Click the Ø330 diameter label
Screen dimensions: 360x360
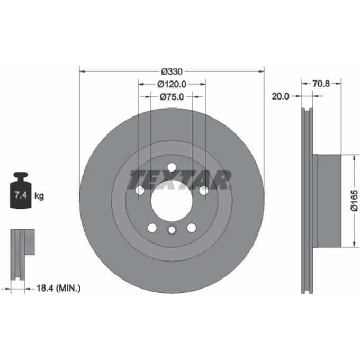(172, 71)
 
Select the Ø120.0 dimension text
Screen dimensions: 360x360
(172, 84)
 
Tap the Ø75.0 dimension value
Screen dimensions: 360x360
(172, 97)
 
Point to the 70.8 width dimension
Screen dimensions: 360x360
(321, 84)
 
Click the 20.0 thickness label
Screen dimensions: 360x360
(281, 96)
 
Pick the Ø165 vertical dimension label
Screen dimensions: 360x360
(354, 200)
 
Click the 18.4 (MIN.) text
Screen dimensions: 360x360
(59, 288)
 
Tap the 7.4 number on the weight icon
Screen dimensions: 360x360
(21, 195)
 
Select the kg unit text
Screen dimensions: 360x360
(39, 196)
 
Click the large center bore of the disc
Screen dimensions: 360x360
(172, 201)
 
